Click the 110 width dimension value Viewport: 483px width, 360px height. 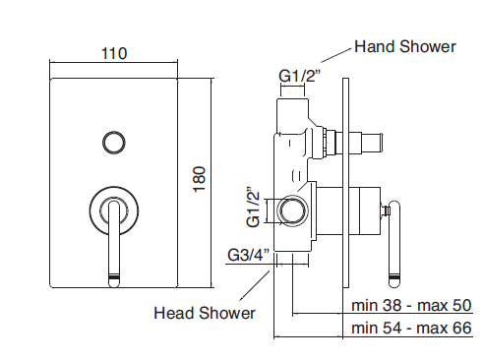[x=114, y=53]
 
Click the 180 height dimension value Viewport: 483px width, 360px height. [x=200, y=179]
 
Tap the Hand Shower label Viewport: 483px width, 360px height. [x=405, y=46]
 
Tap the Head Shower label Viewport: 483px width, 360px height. [x=205, y=313]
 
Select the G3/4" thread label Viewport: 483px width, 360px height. [x=249, y=254]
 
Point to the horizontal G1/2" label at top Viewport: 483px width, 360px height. [x=298, y=76]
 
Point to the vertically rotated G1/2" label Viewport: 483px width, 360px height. [x=253, y=208]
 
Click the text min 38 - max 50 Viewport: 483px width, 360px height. [x=411, y=305]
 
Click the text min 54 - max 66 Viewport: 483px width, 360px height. [x=411, y=328]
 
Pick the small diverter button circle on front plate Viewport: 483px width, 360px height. [x=114, y=143]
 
